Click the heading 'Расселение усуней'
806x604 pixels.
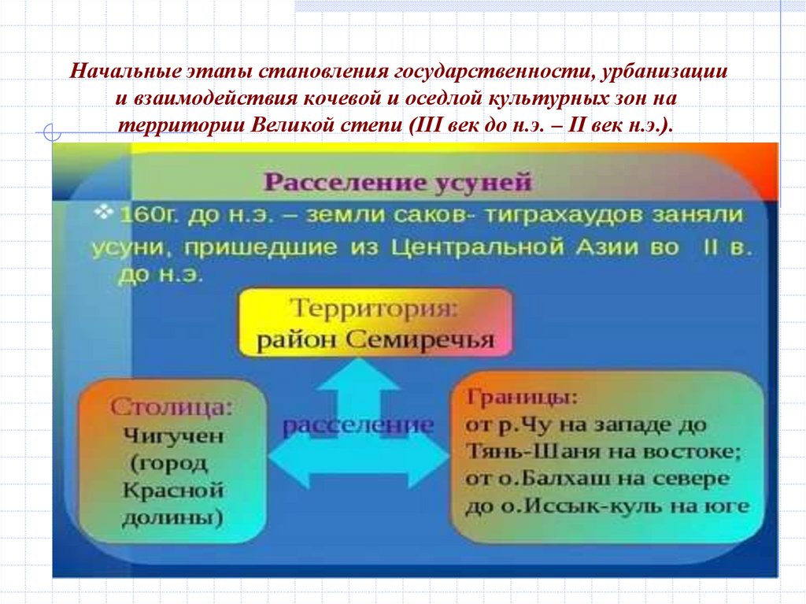pos(398,183)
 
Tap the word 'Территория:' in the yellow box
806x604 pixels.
pos(375,309)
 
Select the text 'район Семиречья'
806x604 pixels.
pos(375,341)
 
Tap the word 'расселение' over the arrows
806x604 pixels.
pos(358,425)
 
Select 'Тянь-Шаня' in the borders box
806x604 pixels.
pos(518,452)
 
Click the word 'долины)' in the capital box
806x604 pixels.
pos(173,517)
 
